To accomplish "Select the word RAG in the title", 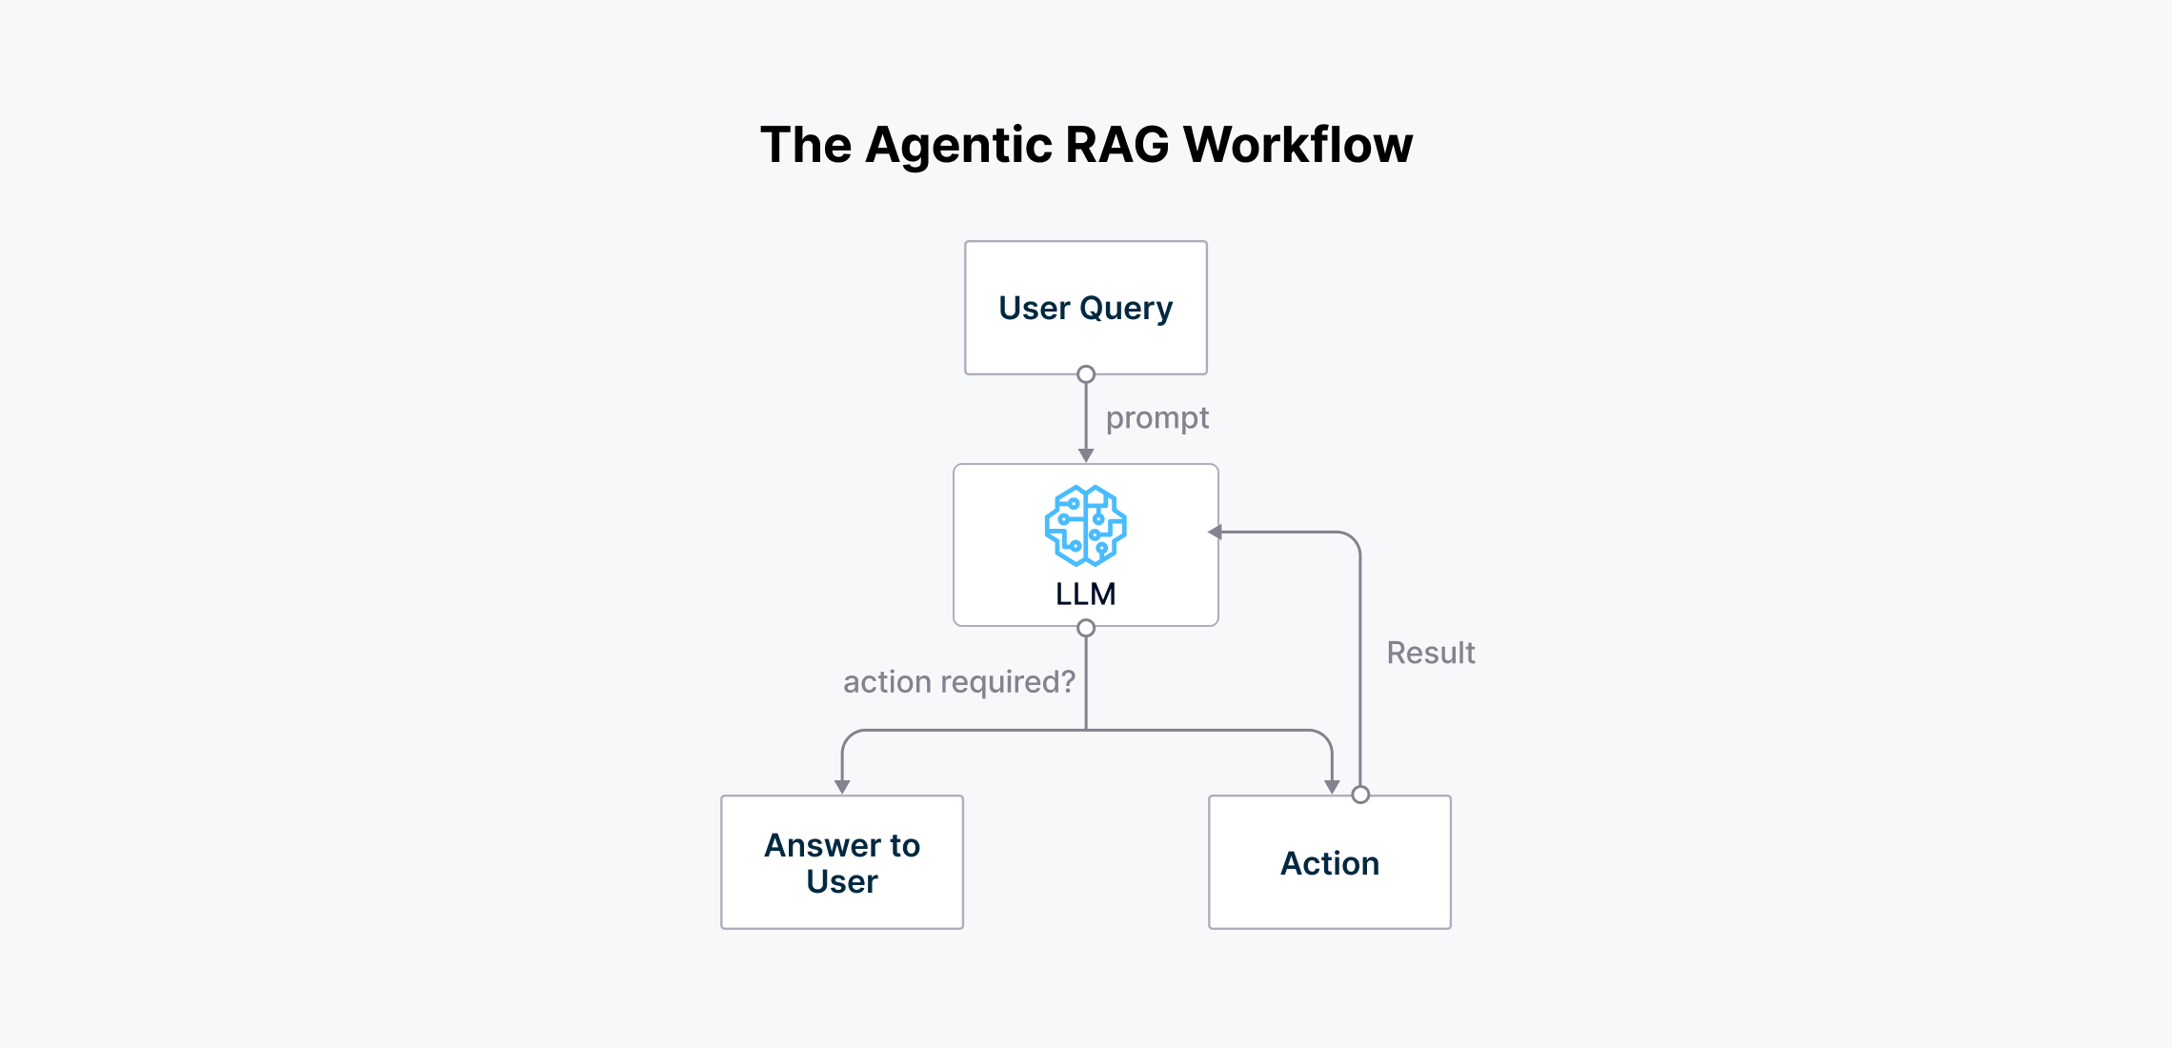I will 1116,145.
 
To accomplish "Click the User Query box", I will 1085,307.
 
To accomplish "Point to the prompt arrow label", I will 1156,418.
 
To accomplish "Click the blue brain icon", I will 1085,525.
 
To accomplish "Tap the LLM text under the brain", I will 1085,595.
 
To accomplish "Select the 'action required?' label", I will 958,682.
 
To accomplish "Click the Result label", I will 1430,653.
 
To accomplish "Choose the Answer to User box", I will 842,862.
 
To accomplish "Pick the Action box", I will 1329,862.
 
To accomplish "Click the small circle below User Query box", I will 1086,374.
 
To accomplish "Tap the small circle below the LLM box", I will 1086,628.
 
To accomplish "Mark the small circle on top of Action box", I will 1360,795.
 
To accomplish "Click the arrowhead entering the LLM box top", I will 1086,455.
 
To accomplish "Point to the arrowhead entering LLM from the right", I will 1215,533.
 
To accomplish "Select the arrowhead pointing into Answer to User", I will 842,787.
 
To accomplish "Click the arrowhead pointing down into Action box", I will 1332,787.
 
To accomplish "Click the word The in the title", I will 805,145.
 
